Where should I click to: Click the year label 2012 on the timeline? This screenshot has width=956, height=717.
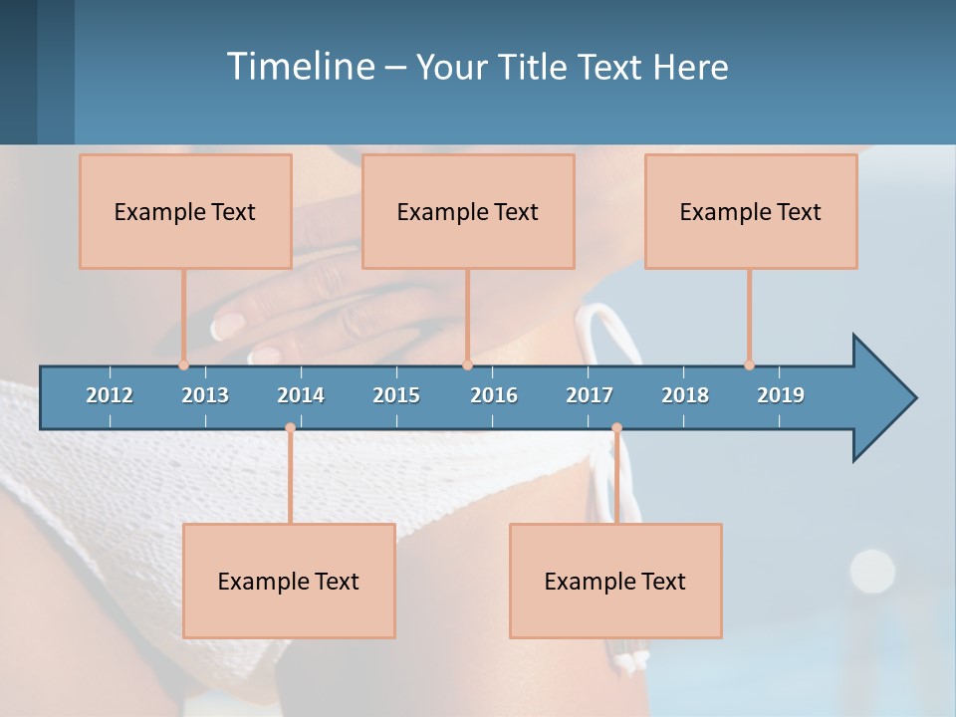click(110, 395)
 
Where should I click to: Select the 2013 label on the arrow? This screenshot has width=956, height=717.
click(205, 395)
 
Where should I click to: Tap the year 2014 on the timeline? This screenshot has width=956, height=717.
click(301, 395)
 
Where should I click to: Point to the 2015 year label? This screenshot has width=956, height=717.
click(396, 395)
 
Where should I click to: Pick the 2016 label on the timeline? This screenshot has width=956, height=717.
click(494, 395)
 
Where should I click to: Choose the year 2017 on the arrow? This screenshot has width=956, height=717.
click(590, 395)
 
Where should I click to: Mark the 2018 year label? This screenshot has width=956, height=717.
click(685, 395)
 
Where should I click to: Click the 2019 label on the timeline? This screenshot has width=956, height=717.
click(781, 395)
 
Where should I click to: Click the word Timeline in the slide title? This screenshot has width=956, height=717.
click(300, 67)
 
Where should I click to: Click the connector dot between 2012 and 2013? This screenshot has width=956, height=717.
click(184, 365)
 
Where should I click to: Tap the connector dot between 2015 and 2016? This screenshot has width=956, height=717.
click(467, 365)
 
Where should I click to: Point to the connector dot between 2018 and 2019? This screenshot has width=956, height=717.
click(749, 365)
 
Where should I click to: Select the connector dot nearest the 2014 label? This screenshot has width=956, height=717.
click(290, 428)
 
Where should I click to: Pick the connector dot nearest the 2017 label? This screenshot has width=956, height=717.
click(616, 428)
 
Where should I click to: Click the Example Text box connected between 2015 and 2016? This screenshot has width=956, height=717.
click(468, 211)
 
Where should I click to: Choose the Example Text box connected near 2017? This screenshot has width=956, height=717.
click(615, 581)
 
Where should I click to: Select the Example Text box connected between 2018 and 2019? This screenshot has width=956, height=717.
click(751, 211)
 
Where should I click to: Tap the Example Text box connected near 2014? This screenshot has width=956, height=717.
click(289, 581)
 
